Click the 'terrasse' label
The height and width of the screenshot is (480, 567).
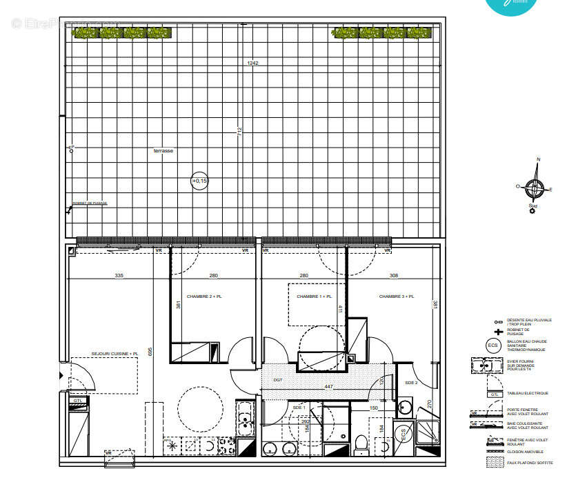pos(163,150)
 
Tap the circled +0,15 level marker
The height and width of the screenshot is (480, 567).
pos(199,181)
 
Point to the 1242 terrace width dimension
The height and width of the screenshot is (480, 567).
pos(253,63)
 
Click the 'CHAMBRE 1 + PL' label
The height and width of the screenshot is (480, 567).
pos(314,297)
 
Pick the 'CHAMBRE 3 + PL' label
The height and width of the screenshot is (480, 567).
pos(397,297)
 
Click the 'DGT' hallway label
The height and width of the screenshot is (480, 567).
pos(277,379)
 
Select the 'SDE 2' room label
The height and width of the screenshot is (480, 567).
pos(411,383)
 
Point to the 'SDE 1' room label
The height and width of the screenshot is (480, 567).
pos(299,408)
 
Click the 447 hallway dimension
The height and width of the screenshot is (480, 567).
pos(328,387)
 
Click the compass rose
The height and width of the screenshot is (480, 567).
pos(535,186)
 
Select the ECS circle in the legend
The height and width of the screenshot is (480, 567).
pos(493,346)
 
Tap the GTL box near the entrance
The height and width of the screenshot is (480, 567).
pos(78,400)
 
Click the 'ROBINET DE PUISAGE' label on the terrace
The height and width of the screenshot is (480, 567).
pos(90,203)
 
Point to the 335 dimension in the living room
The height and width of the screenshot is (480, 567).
pos(119,276)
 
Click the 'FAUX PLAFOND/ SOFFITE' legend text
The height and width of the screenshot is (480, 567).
pos(524,462)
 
